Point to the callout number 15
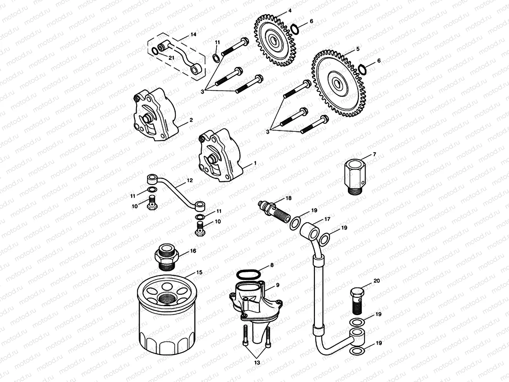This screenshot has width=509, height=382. pos(199,272)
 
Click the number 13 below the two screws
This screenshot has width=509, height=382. pos(257,363)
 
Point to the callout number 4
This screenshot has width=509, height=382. pos(289,11)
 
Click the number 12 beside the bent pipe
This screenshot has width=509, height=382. pos(190,180)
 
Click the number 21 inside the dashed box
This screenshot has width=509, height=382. pos(171,58)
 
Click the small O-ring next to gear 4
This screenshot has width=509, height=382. pos(294,28)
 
